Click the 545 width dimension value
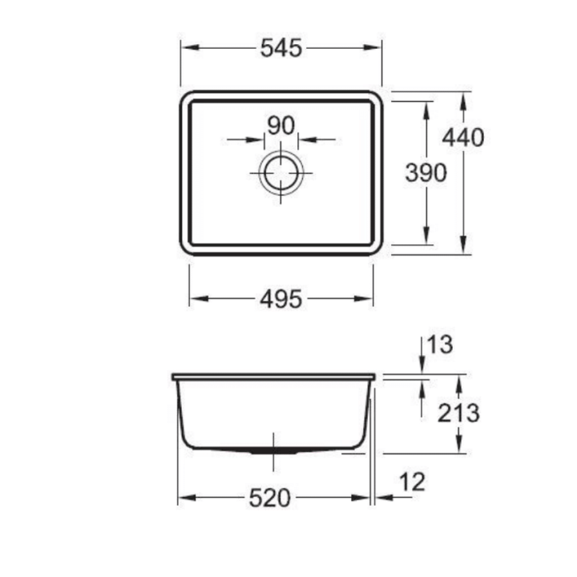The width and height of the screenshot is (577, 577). pos(281,48)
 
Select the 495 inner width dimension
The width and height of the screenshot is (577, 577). pos(281,299)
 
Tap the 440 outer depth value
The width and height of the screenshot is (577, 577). pos(463,138)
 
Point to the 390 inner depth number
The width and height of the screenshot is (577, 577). pos(426,172)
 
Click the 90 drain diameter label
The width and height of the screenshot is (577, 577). pos(281,126)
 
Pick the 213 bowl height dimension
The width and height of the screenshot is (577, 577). pos(458,413)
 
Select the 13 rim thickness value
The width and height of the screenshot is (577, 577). pos(440,345)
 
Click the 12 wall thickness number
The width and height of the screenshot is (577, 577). pos(413,482)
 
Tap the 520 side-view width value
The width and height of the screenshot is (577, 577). pos(270,498)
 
